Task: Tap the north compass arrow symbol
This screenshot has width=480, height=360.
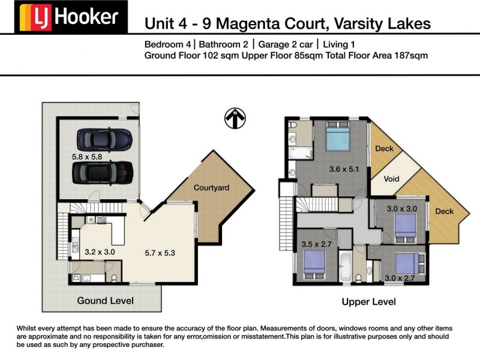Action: pos(236,118)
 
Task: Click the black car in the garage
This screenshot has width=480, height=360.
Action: pos(102,172)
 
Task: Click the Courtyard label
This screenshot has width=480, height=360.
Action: pos(211,188)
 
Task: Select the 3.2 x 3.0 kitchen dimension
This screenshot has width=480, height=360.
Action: pos(100,253)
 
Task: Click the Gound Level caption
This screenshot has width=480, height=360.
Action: pos(105,301)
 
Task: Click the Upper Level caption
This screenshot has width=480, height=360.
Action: pos(368,302)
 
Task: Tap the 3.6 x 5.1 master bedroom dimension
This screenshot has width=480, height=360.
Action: pos(344,169)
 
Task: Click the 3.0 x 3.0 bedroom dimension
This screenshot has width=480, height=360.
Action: pos(401,209)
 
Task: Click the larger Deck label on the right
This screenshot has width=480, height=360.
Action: pos(445,211)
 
